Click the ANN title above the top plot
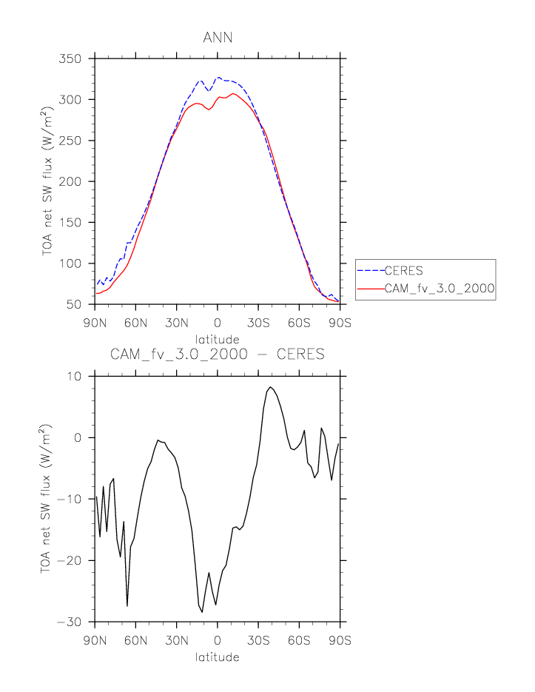coord(218,38)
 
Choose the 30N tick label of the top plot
coord(176,320)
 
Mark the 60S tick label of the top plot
coord(300,320)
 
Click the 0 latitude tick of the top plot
coord(218,320)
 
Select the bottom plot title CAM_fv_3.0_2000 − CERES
coord(218,355)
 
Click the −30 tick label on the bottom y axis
coord(74,622)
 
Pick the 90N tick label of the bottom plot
coord(95,638)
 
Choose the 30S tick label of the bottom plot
coord(258,638)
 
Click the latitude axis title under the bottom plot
coord(218,656)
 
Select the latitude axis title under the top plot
coord(218,339)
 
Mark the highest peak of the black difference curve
coord(271,387)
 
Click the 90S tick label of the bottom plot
coord(340,638)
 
